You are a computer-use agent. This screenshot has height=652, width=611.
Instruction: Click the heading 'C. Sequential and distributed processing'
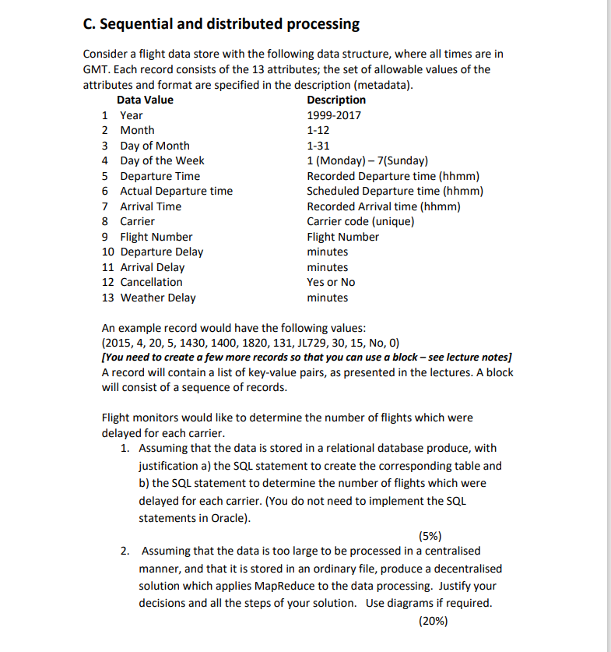[x=221, y=23]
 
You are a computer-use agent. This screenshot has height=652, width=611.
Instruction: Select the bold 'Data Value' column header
[x=145, y=100]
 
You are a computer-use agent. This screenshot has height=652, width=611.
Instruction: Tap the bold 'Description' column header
[x=336, y=100]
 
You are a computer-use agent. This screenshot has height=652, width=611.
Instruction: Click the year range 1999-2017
[x=334, y=115]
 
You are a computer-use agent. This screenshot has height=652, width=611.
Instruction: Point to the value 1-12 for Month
[x=318, y=130]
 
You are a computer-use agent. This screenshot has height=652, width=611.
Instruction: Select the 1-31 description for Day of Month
[x=318, y=146]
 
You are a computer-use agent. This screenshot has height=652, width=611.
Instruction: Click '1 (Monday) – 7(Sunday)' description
[x=367, y=160]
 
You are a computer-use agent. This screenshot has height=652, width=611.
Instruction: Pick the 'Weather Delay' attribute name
[x=158, y=298]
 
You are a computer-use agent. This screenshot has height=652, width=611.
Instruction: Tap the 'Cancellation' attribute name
[x=151, y=282]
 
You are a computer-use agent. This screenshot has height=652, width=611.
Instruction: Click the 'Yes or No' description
[x=331, y=282]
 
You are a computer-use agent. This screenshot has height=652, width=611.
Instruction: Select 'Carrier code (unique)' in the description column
[x=360, y=221]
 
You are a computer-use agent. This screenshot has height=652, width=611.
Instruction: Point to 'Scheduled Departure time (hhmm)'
[x=395, y=191]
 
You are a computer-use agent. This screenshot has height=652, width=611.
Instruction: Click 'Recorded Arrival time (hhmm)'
[x=384, y=206]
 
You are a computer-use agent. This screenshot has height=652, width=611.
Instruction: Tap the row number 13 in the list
[x=108, y=298]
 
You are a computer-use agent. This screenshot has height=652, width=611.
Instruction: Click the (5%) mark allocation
[x=430, y=536]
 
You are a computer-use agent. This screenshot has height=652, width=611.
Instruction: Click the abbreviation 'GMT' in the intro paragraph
[x=96, y=69]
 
